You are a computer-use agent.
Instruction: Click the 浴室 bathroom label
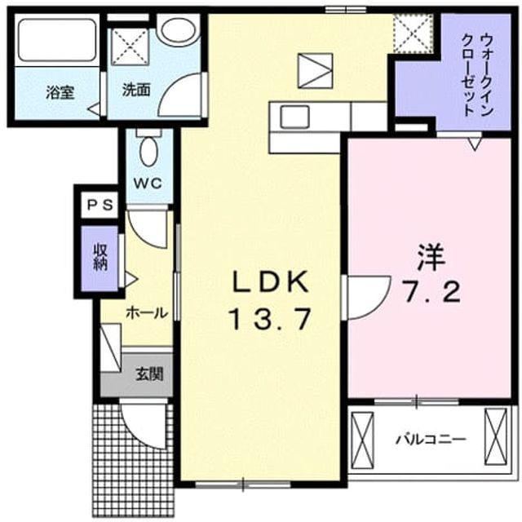click(60, 92)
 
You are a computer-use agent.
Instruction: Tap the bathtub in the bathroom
click(57, 40)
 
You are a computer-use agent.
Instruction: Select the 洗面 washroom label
click(136, 90)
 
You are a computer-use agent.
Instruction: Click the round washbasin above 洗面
click(178, 29)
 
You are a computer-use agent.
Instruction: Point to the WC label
click(148, 183)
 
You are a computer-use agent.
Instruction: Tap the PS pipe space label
click(100, 205)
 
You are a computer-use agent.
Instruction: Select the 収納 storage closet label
click(100, 258)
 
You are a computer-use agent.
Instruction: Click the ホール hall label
click(147, 313)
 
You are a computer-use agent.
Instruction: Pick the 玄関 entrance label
click(149, 374)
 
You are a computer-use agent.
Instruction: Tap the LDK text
click(270, 281)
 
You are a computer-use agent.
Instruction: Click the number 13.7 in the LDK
click(271, 319)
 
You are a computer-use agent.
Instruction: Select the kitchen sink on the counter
click(294, 117)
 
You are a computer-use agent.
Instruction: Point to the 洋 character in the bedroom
click(431, 258)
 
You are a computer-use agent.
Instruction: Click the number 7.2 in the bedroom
click(432, 291)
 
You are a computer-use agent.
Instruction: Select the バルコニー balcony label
click(430, 440)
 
